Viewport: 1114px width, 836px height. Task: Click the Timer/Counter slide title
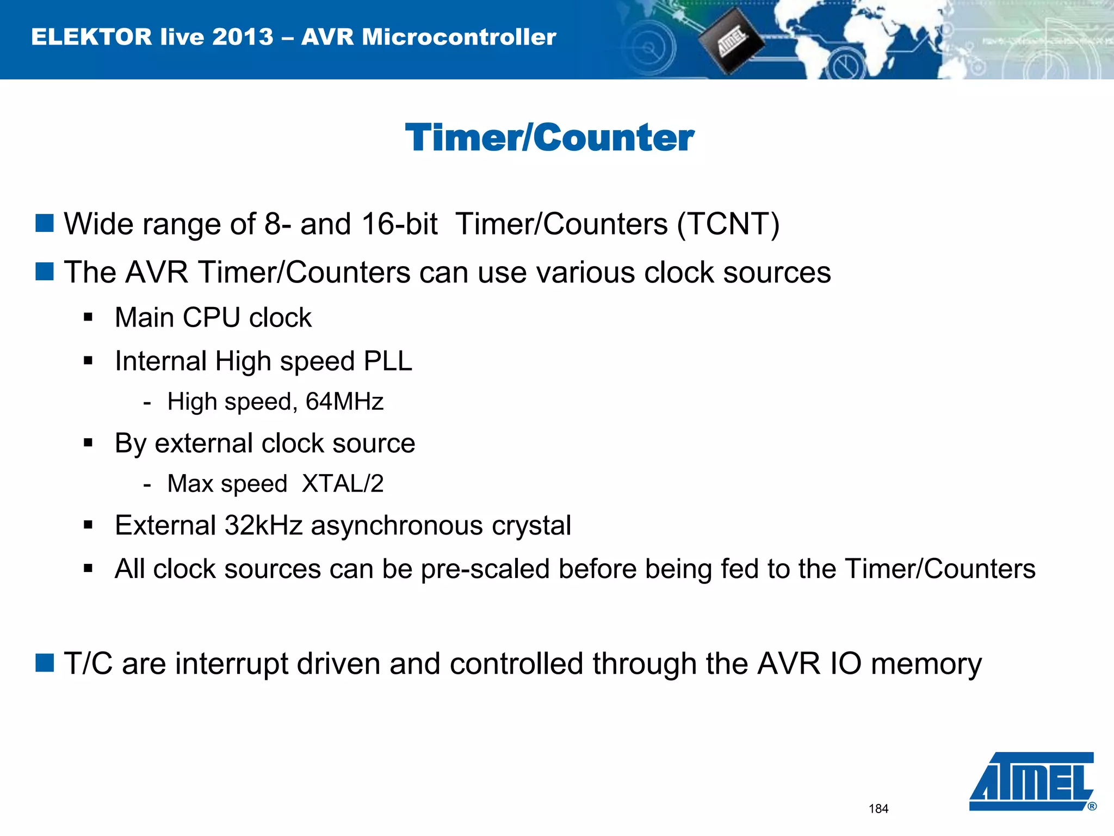[549, 137]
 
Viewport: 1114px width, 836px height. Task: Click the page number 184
[878, 809]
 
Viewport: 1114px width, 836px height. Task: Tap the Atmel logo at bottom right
[1031, 782]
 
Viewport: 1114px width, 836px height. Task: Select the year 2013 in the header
[243, 37]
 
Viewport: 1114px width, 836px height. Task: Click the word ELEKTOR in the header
[91, 37]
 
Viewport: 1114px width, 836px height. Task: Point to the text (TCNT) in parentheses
[728, 224]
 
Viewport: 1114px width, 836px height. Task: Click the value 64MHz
[344, 402]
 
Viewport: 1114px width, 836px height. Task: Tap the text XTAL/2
[343, 483]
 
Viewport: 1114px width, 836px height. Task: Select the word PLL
[388, 361]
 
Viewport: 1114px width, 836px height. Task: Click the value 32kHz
[263, 526]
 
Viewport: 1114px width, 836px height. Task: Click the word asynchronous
[397, 526]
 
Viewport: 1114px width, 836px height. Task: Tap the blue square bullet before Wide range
[45, 223]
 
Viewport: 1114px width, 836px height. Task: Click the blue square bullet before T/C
[45, 663]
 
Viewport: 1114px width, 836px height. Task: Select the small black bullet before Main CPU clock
[88, 317]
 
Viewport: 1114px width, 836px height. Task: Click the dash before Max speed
[147, 484]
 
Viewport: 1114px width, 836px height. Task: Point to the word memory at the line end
[926, 664]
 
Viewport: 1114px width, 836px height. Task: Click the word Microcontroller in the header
[459, 37]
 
